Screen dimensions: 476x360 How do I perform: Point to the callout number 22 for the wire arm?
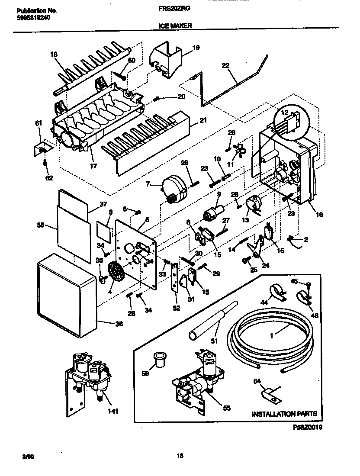click(x=225, y=66)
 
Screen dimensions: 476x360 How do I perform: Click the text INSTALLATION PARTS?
click(x=285, y=414)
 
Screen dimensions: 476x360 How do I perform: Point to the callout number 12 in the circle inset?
click(x=285, y=113)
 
